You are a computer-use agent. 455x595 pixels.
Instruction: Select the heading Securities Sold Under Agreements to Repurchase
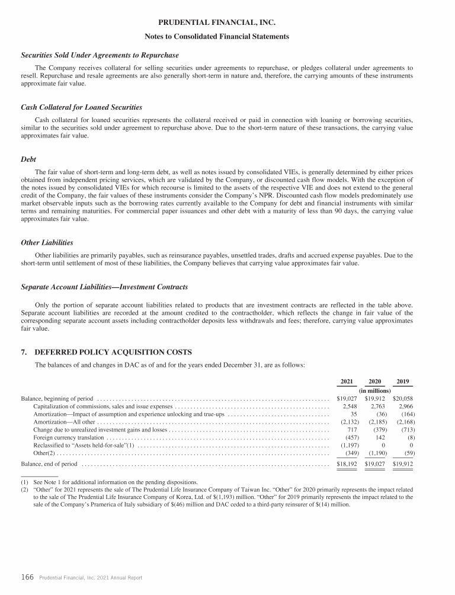pos(100,55)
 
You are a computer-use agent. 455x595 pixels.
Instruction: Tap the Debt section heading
pos(28,159)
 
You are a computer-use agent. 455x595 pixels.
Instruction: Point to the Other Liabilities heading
pos(47,242)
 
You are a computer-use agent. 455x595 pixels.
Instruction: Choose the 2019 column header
pos(403,381)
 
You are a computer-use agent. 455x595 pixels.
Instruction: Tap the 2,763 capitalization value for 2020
pos(377,407)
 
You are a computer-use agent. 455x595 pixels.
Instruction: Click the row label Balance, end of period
pos(49,463)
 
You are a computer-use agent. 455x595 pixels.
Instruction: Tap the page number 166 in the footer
pos(27,577)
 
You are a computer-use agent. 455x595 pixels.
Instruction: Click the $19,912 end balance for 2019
pos(403,463)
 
